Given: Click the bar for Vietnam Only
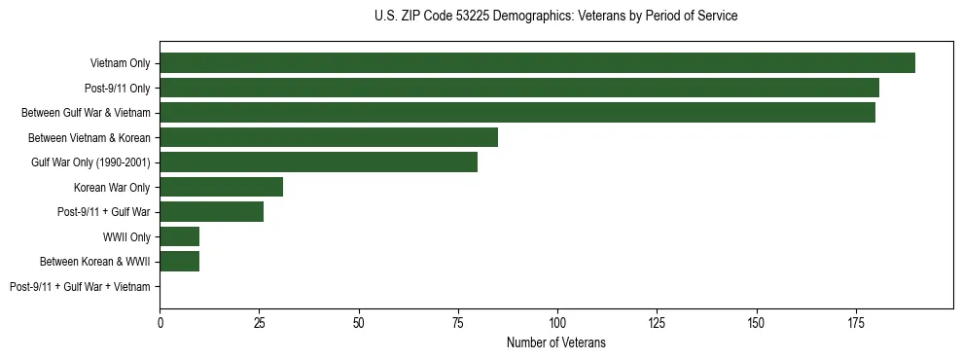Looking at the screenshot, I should pyautogui.click(x=537, y=63).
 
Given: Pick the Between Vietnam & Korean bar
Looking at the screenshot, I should pyautogui.click(x=329, y=137).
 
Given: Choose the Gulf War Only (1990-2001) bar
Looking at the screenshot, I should pyautogui.click(x=319, y=162).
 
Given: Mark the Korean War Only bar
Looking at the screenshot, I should pyautogui.click(x=222, y=187).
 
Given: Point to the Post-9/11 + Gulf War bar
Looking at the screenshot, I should pyautogui.click(x=212, y=212).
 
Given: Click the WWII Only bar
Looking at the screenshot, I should pyautogui.click(x=180, y=236).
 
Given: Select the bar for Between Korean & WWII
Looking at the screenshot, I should pyautogui.click(x=180, y=262).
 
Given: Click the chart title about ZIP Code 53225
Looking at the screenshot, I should pyautogui.click(x=555, y=17).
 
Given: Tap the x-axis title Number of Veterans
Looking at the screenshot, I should pyautogui.click(x=555, y=342).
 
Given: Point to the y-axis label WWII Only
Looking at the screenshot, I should pyautogui.click(x=125, y=236).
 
